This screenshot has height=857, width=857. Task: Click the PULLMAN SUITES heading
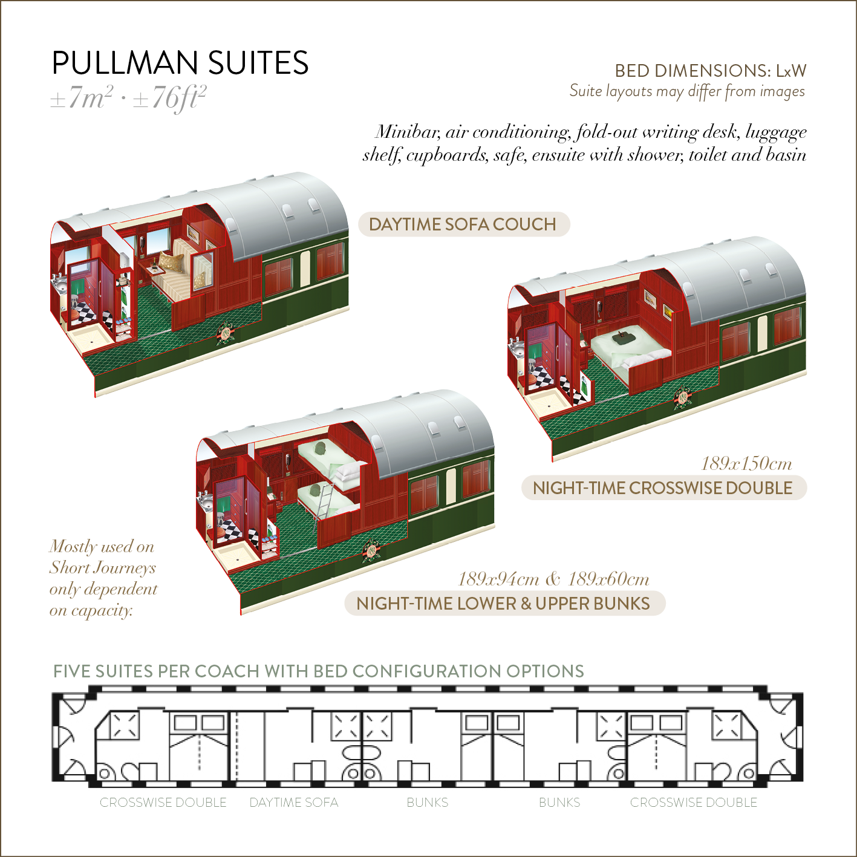click(180, 63)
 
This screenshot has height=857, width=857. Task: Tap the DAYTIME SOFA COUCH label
click(463, 224)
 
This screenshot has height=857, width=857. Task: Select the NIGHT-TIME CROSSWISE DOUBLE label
click(663, 488)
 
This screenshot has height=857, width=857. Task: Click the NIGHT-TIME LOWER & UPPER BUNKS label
click(503, 604)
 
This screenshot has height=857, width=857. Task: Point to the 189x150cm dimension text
click(746, 464)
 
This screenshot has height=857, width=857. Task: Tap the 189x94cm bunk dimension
click(498, 579)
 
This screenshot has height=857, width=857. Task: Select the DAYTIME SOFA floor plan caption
click(294, 803)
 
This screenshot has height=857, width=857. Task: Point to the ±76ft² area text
click(169, 97)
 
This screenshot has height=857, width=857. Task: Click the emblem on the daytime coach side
click(226, 333)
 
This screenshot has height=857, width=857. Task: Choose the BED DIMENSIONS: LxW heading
click(711, 71)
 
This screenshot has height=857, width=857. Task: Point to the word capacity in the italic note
click(101, 611)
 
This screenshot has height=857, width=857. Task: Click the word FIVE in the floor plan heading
click(73, 671)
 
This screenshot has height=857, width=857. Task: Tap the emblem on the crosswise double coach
click(683, 399)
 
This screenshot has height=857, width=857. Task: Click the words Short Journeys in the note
click(103, 568)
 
